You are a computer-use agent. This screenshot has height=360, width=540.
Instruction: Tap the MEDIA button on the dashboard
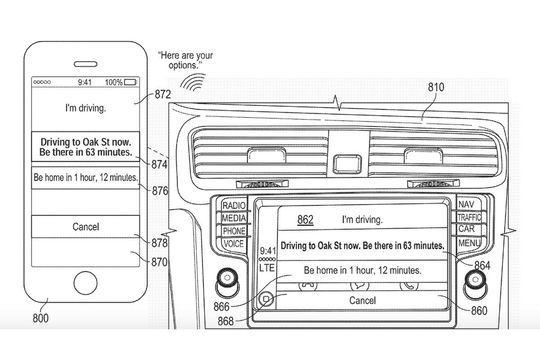234,217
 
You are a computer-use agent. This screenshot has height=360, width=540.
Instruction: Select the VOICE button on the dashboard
234,243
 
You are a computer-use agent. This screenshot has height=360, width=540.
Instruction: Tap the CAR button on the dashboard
467,229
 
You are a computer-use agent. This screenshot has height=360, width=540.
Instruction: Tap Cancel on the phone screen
86,227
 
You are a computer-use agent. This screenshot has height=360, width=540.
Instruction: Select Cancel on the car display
361,300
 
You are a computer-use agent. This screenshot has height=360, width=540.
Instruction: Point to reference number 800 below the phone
40,319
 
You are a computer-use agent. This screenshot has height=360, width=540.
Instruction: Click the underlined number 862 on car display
306,219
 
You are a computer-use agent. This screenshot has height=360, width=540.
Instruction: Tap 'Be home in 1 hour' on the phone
85,178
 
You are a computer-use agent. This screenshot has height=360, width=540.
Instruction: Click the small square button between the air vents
348,161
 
